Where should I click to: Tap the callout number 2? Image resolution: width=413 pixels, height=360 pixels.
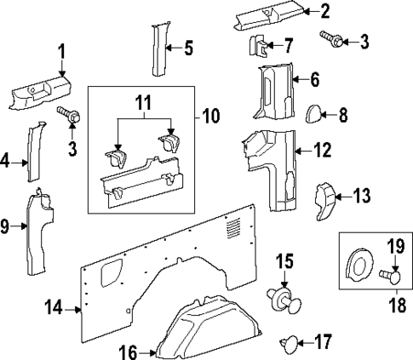pyautogui.click(x=324, y=11)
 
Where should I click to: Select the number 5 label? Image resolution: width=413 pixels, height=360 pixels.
pyautogui.click(x=189, y=48)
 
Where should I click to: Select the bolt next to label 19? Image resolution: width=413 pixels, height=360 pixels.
pyautogui.click(x=389, y=275)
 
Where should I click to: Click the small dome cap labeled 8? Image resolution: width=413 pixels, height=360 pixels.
pyautogui.click(x=314, y=114)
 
